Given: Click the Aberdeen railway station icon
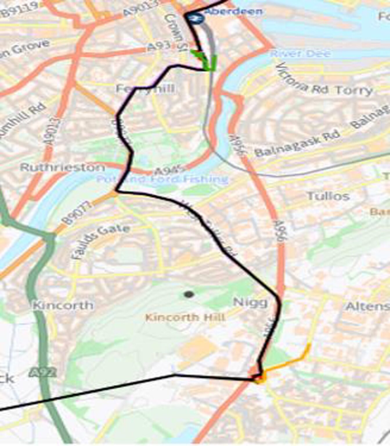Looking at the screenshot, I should (x=195, y=18).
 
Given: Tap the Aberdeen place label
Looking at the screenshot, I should (x=233, y=11).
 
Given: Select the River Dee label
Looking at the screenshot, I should (x=300, y=53).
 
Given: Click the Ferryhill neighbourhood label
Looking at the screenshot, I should (x=145, y=88).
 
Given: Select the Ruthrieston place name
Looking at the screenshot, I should (x=62, y=167).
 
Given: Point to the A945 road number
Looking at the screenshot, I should (x=169, y=170).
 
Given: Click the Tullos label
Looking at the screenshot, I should (x=328, y=196).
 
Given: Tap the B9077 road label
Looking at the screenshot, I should (x=77, y=213).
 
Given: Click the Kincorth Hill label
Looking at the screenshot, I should (x=185, y=317).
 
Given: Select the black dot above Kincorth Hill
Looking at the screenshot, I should (x=189, y=295).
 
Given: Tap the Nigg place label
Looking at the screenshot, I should (x=250, y=302).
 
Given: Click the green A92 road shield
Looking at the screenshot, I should (x=43, y=373).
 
